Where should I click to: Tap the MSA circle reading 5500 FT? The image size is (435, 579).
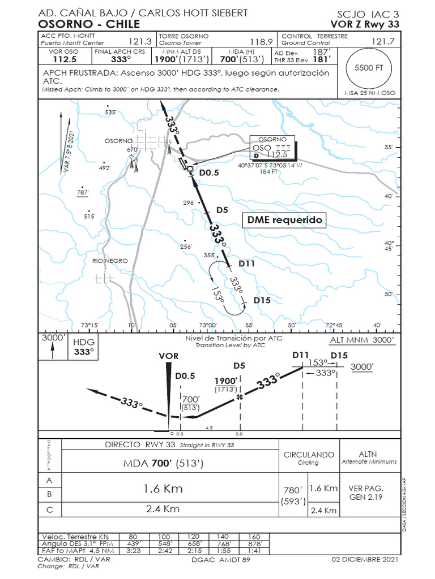369,67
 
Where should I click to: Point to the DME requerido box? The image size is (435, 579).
285,220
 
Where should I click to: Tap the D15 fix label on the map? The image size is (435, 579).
262,300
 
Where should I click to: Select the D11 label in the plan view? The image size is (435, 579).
247,263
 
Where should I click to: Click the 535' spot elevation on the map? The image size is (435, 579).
110,113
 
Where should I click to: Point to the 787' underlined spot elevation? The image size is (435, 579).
83,193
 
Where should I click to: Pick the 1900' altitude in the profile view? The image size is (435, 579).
225,381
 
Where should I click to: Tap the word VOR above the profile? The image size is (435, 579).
169,356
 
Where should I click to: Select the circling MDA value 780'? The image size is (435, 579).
293,489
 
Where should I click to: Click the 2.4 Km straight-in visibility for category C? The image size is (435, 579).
163,508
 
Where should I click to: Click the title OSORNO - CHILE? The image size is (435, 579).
89,24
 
